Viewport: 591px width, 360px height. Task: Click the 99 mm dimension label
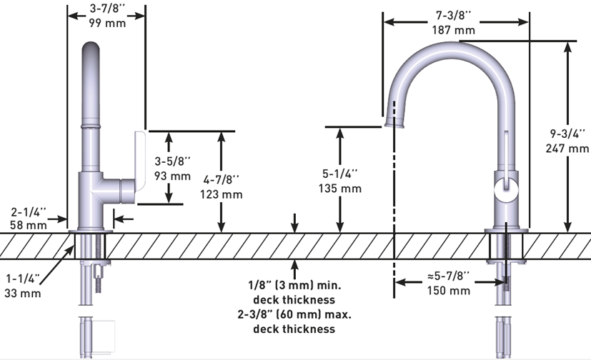click(x=105, y=23)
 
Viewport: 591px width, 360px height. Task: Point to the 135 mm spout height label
click(x=341, y=189)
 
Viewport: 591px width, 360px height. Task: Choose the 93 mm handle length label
click(x=172, y=176)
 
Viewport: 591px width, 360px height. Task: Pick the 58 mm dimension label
click(x=29, y=224)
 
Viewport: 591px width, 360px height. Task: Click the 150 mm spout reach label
click(x=448, y=291)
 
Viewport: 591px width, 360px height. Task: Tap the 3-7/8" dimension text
click(x=105, y=9)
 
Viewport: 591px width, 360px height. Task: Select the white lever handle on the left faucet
click(x=139, y=163)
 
